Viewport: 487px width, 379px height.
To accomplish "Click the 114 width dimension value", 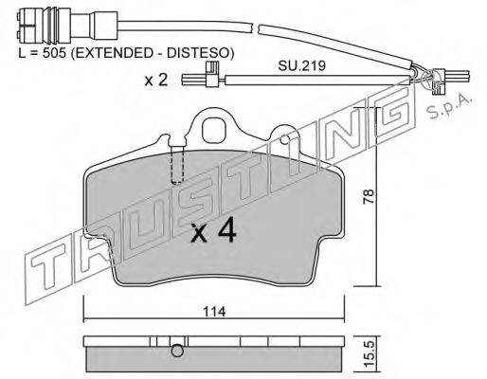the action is (214, 312).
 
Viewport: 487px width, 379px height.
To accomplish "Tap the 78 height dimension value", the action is (369, 196).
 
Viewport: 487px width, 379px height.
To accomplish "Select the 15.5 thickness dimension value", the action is (369, 354).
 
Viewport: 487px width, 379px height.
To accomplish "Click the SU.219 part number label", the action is (301, 65).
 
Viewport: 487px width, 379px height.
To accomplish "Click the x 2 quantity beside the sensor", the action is (156, 80).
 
